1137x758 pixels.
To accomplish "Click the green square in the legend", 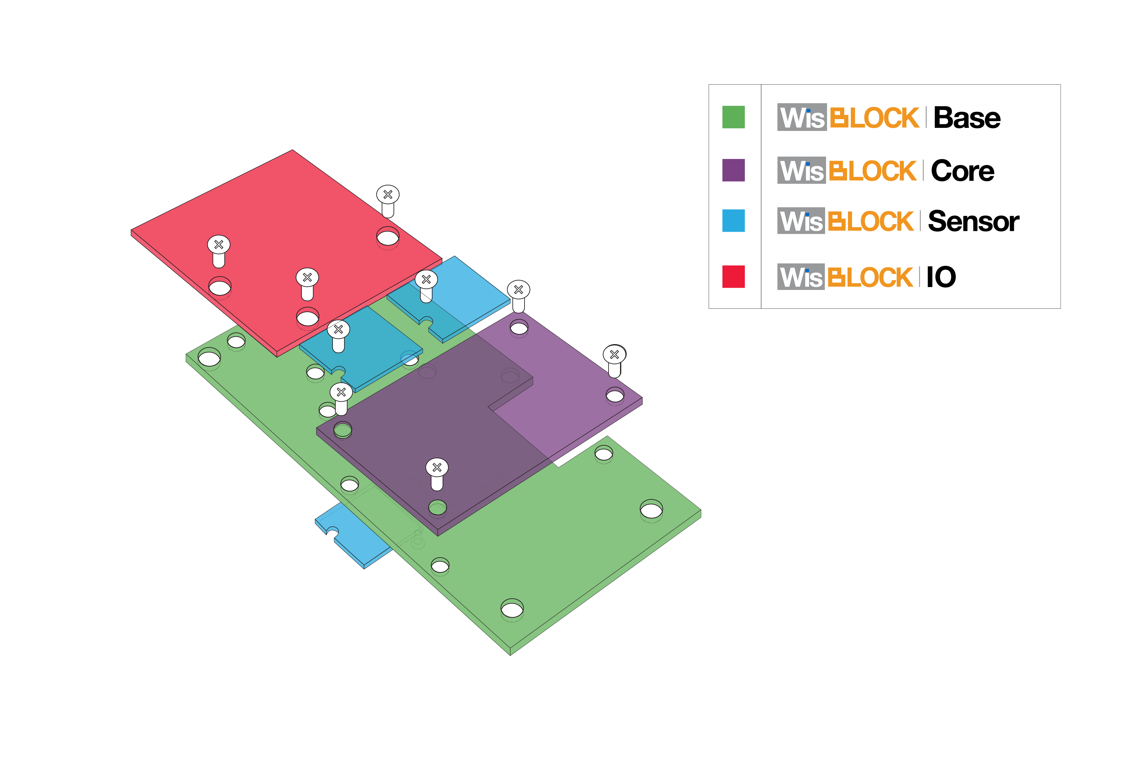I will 733,117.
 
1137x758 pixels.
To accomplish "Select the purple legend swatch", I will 733,170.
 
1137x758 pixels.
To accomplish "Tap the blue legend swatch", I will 733,221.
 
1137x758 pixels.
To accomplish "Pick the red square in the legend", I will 733,277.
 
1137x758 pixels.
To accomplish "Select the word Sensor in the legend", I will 973,222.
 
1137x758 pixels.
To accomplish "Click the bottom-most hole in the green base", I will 512,608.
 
